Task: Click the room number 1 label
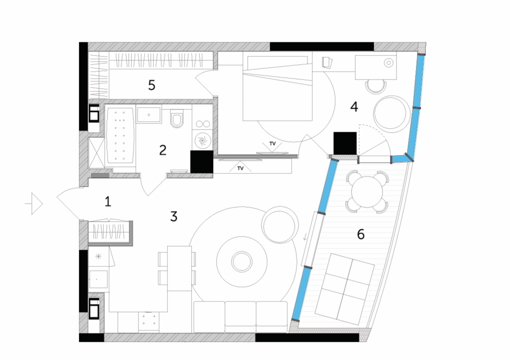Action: [108, 201]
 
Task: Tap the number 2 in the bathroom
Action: [163, 150]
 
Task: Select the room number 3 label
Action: [174, 216]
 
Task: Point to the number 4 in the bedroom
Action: [354, 107]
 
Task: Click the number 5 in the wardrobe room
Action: [151, 85]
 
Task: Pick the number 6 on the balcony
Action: [361, 234]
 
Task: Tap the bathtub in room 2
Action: [120, 135]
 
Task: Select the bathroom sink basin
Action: [149, 115]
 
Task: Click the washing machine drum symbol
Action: [202, 141]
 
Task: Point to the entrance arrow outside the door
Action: [34, 204]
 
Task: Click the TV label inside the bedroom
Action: [272, 143]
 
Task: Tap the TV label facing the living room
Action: [240, 168]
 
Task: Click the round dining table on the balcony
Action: [367, 192]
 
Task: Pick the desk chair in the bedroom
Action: [376, 86]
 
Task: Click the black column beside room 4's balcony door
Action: [345, 143]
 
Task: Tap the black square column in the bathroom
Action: [201, 162]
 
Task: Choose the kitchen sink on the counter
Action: [98, 279]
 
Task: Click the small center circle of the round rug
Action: [242, 262]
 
